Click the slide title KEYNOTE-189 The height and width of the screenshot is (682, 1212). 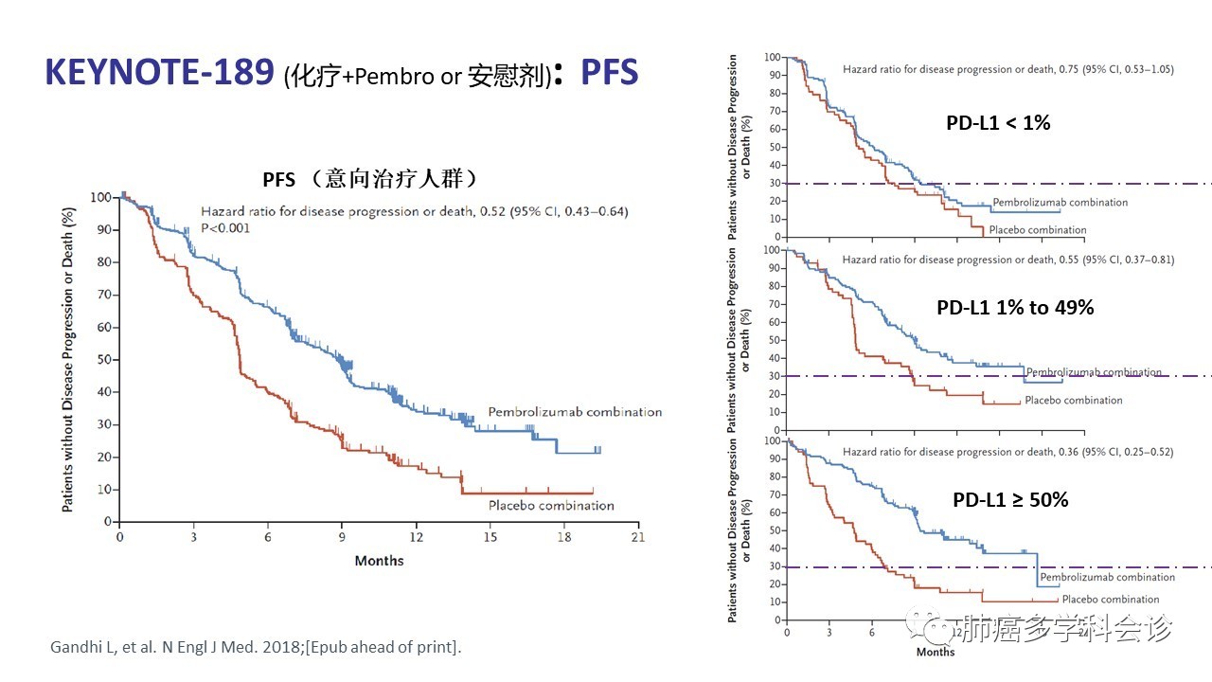click(160, 72)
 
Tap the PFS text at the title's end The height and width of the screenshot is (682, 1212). click(609, 72)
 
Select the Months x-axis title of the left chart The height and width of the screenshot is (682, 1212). click(379, 561)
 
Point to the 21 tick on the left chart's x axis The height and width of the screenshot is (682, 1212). click(638, 537)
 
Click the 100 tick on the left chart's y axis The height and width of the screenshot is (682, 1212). click(100, 197)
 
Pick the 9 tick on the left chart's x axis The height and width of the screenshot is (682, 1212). click(342, 537)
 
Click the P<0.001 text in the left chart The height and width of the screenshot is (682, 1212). click(225, 227)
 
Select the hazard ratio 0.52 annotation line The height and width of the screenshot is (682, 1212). click(414, 211)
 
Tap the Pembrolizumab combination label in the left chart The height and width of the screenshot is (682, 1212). click(575, 412)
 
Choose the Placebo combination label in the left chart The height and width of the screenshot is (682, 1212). click(551, 506)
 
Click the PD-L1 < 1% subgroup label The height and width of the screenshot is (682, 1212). click(998, 122)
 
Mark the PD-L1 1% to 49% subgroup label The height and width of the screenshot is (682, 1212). click(1015, 308)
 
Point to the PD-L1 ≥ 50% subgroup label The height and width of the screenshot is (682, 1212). click(1009, 499)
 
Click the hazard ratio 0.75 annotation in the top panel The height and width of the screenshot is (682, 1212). click(1008, 70)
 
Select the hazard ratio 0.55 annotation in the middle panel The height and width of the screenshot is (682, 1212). click(1008, 260)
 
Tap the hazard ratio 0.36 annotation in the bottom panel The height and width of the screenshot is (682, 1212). click(1008, 452)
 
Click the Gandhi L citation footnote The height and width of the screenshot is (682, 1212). click(256, 648)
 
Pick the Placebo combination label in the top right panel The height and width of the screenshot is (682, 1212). click(1037, 230)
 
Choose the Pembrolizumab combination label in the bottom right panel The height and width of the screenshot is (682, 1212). click(1107, 577)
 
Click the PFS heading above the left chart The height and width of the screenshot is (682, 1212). click(369, 178)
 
